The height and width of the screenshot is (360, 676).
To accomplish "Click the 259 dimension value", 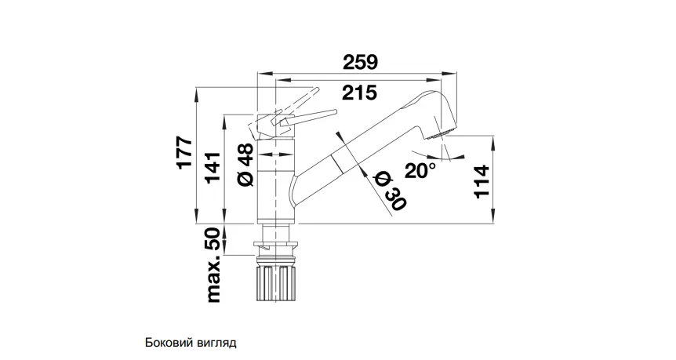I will click(x=362, y=60).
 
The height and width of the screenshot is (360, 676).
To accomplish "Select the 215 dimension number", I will click(x=359, y=93).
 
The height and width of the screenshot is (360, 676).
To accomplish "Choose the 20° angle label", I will click(x=420, y=169).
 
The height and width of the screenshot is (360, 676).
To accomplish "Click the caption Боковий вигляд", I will click(x=191, y=343).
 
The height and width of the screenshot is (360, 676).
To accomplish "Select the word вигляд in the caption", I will click(x=216, y=343).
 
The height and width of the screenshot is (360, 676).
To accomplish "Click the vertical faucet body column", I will click(x=277, y=180).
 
